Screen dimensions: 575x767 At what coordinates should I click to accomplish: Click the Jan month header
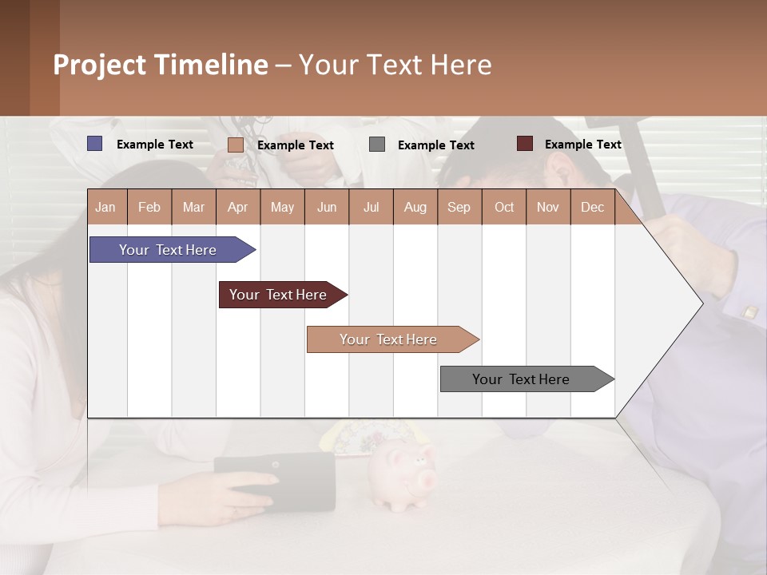(105, 207)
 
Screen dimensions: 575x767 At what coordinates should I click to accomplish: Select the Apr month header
(237, 207)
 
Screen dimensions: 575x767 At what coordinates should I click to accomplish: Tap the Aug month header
(415, 207)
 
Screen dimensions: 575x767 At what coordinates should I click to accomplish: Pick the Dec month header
(592, 207)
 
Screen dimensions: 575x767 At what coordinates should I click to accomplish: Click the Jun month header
(326, 207)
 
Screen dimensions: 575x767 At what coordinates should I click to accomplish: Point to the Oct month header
(503, 207)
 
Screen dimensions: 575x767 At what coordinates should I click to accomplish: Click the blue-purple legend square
(94, 144)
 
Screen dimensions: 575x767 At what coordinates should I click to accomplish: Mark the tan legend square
(235, 145)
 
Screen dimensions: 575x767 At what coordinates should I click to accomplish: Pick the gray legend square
(377, 145)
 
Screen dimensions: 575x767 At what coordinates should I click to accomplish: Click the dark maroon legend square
(524, 144)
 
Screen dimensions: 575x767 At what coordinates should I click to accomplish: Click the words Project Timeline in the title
(160, 65)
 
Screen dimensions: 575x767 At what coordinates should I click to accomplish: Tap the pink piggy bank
(404, 478)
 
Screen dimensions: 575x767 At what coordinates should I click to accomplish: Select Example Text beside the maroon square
(582, 144)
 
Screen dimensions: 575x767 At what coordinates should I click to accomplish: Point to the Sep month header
(459, 207)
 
